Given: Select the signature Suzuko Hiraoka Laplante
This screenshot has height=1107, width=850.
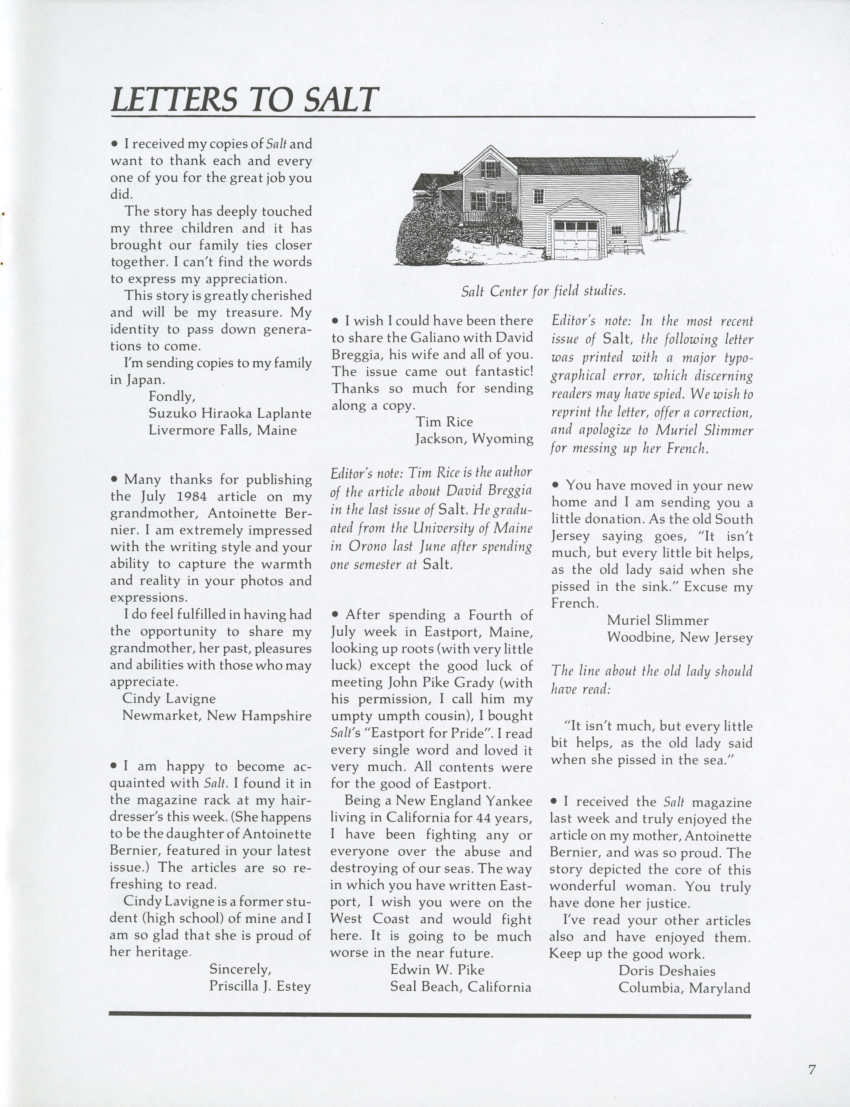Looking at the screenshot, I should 230,413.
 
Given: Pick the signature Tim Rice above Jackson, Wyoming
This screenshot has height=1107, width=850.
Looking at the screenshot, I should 444,422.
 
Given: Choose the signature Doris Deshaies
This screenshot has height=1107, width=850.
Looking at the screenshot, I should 667,971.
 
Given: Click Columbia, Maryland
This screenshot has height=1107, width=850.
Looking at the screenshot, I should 684,988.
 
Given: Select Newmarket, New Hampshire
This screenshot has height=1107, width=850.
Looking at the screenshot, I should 217,715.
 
